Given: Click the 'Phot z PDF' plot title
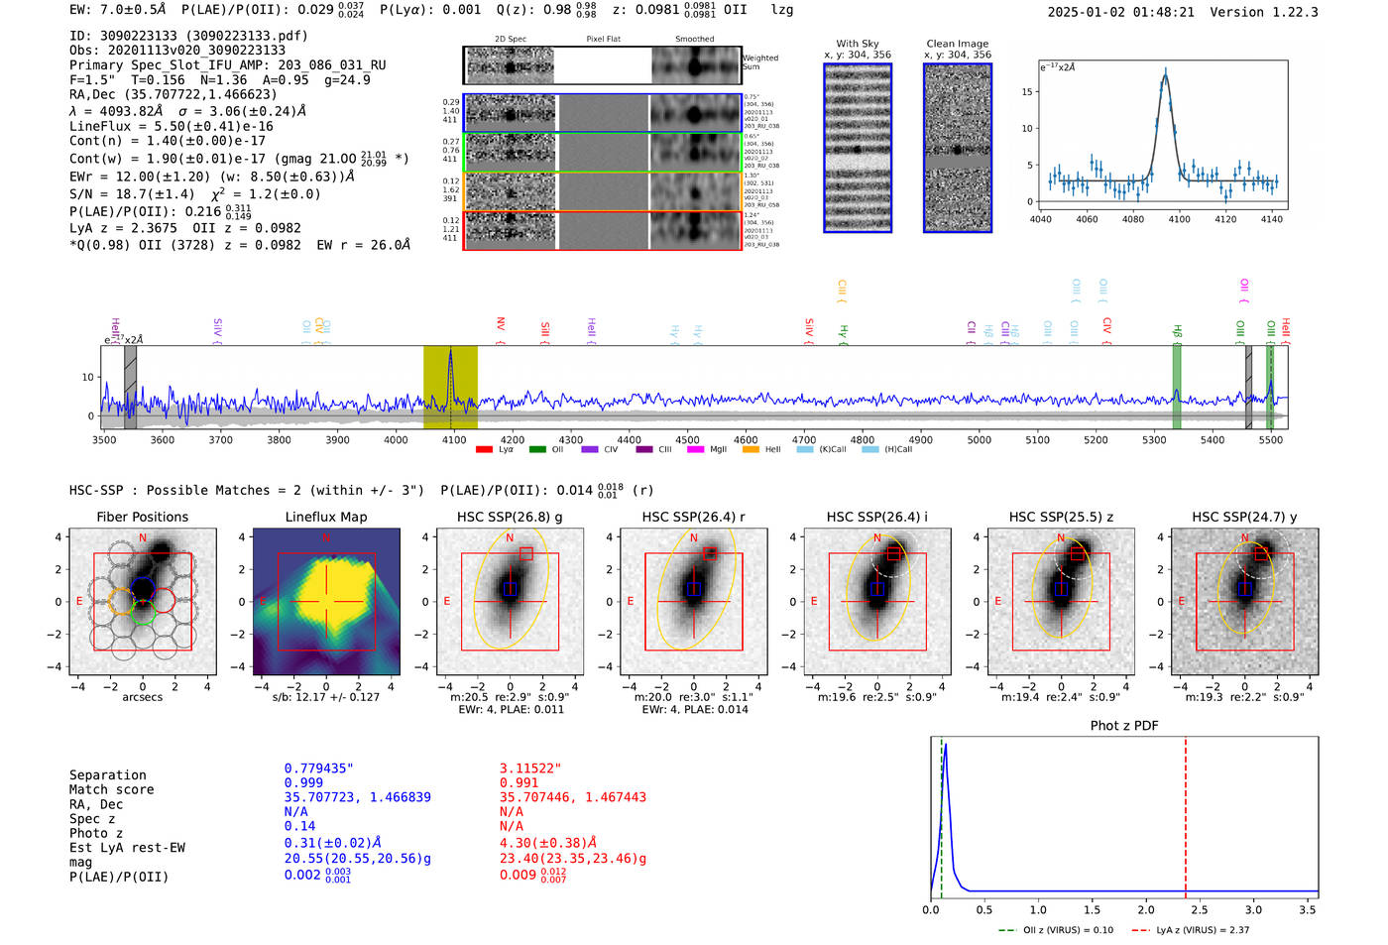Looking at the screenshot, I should point(1124,726).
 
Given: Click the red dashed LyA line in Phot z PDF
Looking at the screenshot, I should point(1186,813).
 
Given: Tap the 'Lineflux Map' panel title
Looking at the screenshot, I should point(325,517).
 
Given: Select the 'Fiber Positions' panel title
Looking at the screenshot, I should point(142,517).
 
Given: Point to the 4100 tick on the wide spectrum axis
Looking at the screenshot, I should point(454,440).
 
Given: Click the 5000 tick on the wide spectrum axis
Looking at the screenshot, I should point(979,440).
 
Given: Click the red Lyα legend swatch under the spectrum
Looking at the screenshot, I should point(485,450).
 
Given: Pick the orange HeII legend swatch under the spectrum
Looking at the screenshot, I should point(751,450).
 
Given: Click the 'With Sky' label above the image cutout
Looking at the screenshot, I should point(858,44).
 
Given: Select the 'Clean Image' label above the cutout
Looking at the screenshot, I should point(957,44).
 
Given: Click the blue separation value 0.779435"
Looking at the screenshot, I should point(318,768).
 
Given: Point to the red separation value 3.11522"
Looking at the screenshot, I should point(529,768).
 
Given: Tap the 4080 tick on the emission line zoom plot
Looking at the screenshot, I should point(1132,219).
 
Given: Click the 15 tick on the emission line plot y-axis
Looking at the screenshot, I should point(1027,92).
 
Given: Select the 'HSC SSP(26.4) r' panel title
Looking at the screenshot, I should point(693,517).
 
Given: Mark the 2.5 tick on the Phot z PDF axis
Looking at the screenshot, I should point(1200,909).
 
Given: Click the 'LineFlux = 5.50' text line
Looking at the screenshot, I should point(171,127).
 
